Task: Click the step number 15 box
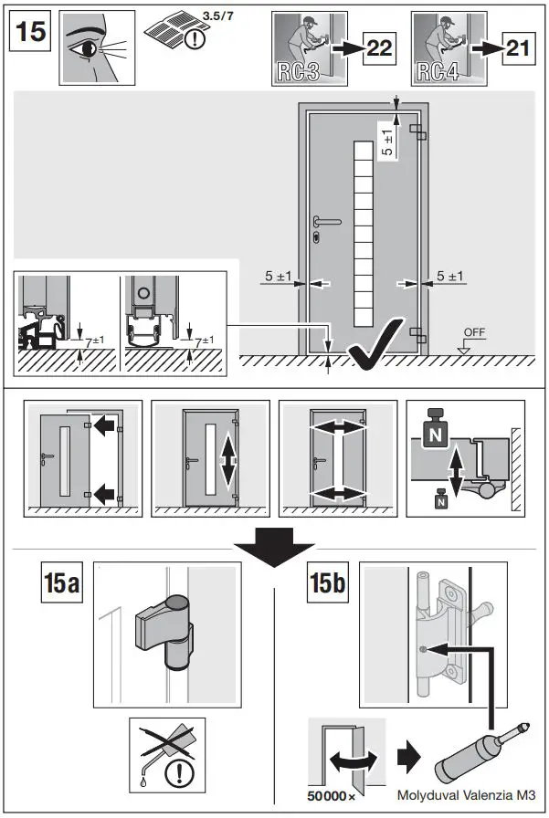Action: pos(30,31)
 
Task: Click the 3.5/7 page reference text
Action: pos(218,16)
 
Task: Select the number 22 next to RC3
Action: pos(379,48)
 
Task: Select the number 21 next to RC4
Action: pos(518,48)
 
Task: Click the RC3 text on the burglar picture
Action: pos(298,72)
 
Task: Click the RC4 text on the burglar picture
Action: pos(438,72)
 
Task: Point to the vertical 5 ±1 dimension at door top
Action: pos(387,143)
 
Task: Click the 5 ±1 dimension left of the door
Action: pos(278,276)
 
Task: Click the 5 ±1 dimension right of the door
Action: pos(449,276)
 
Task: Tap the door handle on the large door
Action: pos(327,221)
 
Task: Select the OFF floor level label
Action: pos(474,332)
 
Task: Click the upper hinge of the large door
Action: pos(417,132)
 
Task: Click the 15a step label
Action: pos(62,582)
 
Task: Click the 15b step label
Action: pos(328,582)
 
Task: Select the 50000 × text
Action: pos(332,796)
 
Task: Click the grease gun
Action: pos(482,751)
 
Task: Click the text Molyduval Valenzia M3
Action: pos(466,795)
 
